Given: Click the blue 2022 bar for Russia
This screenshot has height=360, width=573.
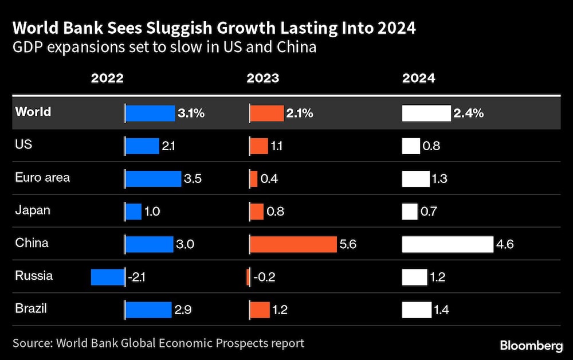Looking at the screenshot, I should coord(108,277).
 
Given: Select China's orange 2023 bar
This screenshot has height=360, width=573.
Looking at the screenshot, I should coord(293,244).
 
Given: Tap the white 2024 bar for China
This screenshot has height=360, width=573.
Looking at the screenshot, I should coord(448,244).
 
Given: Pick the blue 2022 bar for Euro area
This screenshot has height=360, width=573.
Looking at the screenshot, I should coord(153,179).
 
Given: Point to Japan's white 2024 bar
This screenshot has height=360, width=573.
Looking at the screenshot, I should coord(410,212).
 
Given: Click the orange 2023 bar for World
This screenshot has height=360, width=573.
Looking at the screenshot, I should coord(267,114).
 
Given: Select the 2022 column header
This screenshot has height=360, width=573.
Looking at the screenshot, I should coord(107,79).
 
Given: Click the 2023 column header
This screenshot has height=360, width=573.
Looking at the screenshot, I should coord(263,79).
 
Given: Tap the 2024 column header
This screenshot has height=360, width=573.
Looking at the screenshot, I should coord(418,79).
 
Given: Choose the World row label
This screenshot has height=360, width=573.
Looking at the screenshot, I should coord(33,112).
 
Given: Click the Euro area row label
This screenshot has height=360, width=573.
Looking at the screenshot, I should coord(42,177).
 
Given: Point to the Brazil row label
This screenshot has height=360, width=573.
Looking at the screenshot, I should coord(31,308).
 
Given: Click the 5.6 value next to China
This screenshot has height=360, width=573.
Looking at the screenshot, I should coord(348,244).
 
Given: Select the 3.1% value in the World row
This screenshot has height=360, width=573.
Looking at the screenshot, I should coord(191,114).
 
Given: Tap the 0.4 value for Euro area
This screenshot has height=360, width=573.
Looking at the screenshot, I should coord(269,179).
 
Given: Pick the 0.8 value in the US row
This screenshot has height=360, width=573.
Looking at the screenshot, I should coord(431,146).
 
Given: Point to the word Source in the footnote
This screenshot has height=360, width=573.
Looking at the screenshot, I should coord(32,343).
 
